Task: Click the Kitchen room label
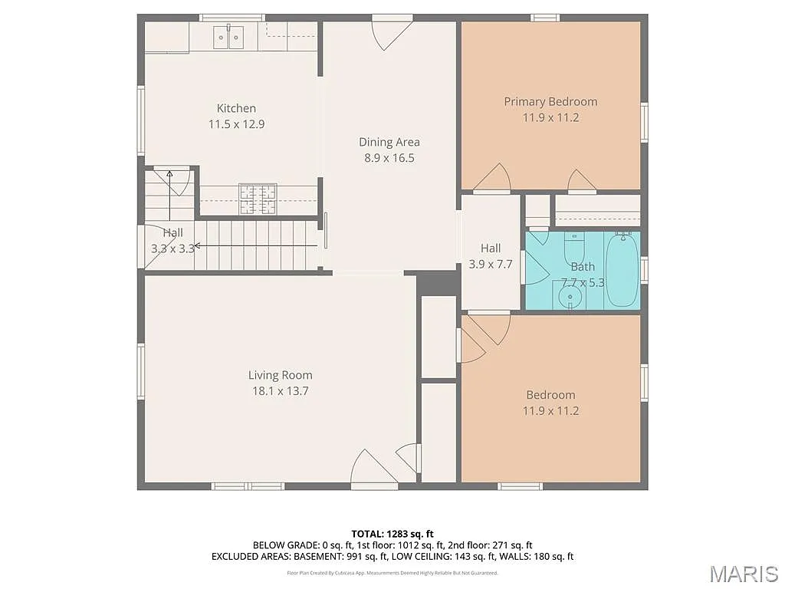(x=236, y=108)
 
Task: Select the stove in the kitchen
(x=257, y=199)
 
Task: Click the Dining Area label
(x=389, y=142)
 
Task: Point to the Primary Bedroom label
(x=550, y=101)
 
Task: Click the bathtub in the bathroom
(x=622, y=269)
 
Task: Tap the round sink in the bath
(x=570, y=296)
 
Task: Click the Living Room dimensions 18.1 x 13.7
(x=280, y=391)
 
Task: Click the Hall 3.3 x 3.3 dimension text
(x=172, y=248)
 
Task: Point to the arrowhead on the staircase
(x=197, y=246)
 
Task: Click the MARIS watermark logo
(x=743, y=574)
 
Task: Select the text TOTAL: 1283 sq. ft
(x=392, y=534)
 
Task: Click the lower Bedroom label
(x=550, y=395)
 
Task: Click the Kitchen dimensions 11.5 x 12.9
(x=236, y=123)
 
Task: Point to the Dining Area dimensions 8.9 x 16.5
(x=389, y=158)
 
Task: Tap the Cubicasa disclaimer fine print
(x=392, y=573)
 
